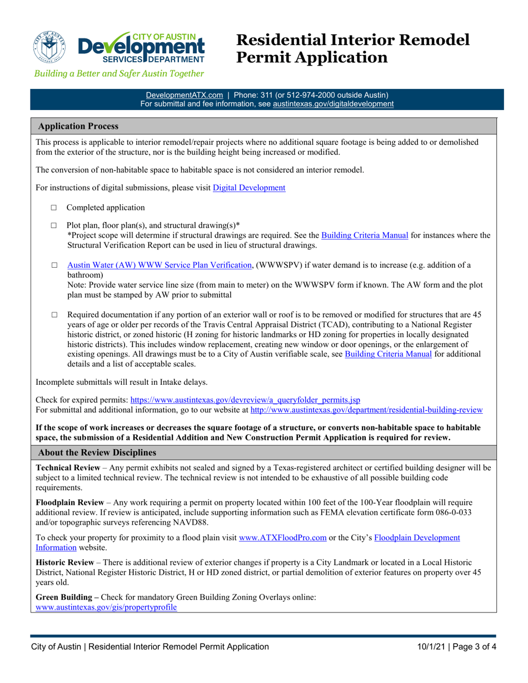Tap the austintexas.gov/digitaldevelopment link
pyautogui.click(x=333, y=103)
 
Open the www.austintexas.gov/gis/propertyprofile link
pyautogui.click(x=106, y=607)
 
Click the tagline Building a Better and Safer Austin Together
pyautogui.click(x=119, y=73)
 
